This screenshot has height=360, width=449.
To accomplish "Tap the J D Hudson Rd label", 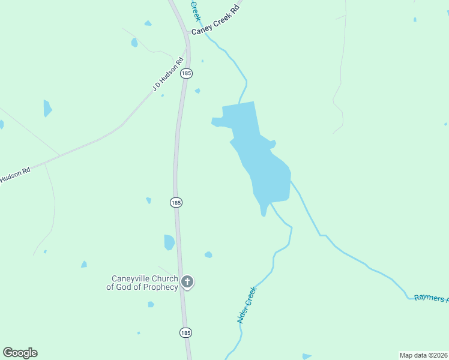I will click(168, 75).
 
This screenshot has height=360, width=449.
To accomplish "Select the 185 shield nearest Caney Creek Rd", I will click(187, 73).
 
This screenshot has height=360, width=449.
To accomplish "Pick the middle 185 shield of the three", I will click(176, 203).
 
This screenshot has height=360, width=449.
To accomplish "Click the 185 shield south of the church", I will click(186, 332).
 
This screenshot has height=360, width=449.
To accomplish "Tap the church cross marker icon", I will click(187, 281).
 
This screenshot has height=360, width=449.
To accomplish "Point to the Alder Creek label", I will click(247, 305).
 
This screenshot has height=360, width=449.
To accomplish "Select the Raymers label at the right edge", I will click(431, 298).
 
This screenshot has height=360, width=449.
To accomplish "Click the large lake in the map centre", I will click(264, 168).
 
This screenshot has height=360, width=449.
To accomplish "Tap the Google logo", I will click(20, 353).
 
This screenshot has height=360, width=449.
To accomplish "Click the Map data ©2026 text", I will click(423, 355).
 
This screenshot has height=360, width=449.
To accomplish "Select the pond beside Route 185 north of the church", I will click(169, 242).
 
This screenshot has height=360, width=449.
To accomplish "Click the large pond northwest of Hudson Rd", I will click(47, 108).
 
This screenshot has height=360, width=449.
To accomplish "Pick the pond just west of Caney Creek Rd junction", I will click(134, 43).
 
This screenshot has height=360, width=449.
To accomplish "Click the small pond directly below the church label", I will click(151, 304).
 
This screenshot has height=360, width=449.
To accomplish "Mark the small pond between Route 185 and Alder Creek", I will click(208, 255).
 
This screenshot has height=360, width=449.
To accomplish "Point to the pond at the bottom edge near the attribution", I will click(307, 356).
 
